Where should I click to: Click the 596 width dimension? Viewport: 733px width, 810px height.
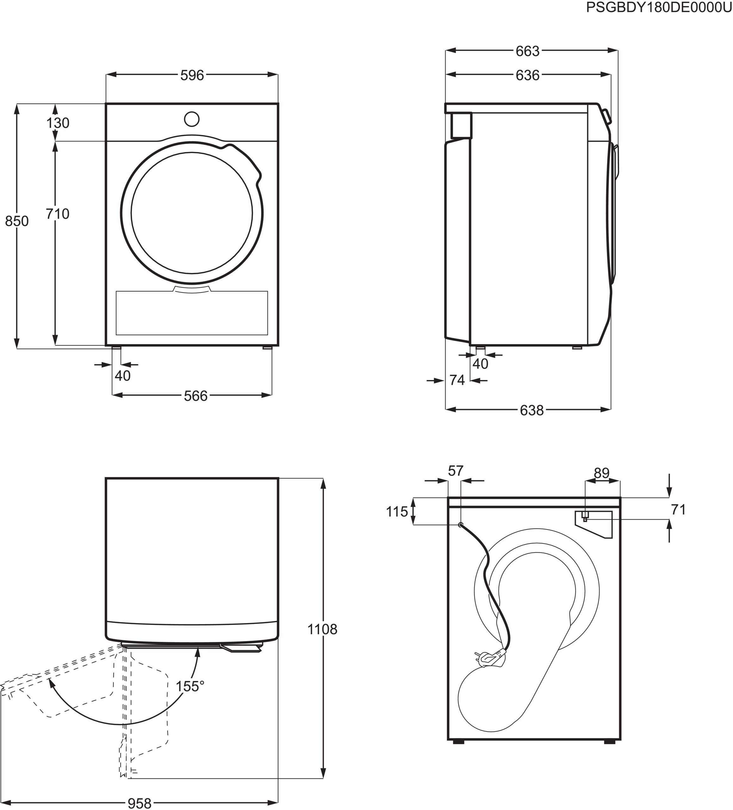pyautogui.click(x=192, y=75)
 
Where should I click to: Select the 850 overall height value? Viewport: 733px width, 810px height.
pyautogui.click(x=16, y=221)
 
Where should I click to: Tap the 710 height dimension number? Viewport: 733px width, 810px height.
pyautogui.click(x=58, y=214)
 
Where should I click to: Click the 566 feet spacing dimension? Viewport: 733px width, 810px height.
pyautogui.click(x=196, y=396)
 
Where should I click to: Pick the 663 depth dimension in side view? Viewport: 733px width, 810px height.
pyautogui.click(x=527, y=51)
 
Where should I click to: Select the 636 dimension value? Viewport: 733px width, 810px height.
pyautogui.click(x=527, y=75)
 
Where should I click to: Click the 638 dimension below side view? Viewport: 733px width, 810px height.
pyautogui.click(x=531, y=410)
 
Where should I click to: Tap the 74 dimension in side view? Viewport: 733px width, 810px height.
pyautogui.click(x=457, y=380)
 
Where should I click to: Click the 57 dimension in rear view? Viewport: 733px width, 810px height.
pyautogui.click(x=456, y=470)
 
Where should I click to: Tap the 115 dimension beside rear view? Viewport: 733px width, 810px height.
pyautogui.click(x=397, y=512)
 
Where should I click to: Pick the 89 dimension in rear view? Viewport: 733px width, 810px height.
pyautogui.click(x=602, y=473)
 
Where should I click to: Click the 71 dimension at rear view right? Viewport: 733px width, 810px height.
pyautogui.click(x=678, y=510)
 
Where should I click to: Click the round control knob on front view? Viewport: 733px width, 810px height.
pyautogui.click(x=192, y=119)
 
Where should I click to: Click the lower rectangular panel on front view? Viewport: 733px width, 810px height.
pyautogui.click(x=192, y=313)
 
